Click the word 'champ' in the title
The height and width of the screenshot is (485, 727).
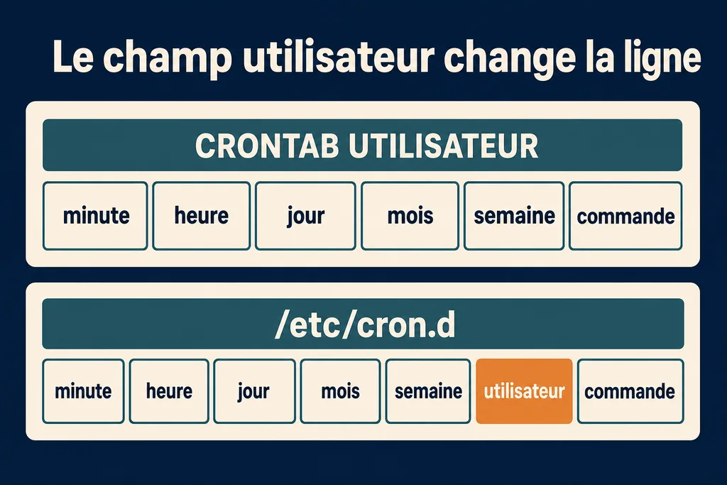click(x=167, y=58)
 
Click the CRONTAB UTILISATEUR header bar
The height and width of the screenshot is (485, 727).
click(x=362, y=145)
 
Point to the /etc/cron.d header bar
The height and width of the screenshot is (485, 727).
click(x=363, y=324)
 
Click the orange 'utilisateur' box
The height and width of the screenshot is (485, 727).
click(x=524, y=391)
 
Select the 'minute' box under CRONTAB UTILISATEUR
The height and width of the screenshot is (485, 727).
click(x=95, y=216)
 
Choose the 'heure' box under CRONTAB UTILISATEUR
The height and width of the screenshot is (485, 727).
click(x=201, y=216)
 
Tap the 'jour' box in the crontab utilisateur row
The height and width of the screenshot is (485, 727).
click(x=305, y=216)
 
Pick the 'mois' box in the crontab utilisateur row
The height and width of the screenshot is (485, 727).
click(x=410, y=216)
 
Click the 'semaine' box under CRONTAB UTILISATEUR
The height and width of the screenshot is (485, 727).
click(x=514, y=216)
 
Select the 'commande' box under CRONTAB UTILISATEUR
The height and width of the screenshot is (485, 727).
click(x=625, y=216)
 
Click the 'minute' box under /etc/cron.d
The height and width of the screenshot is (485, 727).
click(x=83, y=391)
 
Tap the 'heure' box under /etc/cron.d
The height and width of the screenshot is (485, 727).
click(x=169, y=391)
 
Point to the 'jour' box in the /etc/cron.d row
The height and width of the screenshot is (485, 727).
click(x=254, y=391)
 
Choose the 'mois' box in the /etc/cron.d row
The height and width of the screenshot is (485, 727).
click(x=340, y=391)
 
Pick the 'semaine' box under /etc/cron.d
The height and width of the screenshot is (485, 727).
click(x=428, y=391)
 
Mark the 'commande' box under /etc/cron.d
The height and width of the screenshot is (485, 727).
click(x=630, y=391)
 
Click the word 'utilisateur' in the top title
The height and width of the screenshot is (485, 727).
click(x=338, y=57)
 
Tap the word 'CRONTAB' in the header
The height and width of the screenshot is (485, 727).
click(x=267, y=146)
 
